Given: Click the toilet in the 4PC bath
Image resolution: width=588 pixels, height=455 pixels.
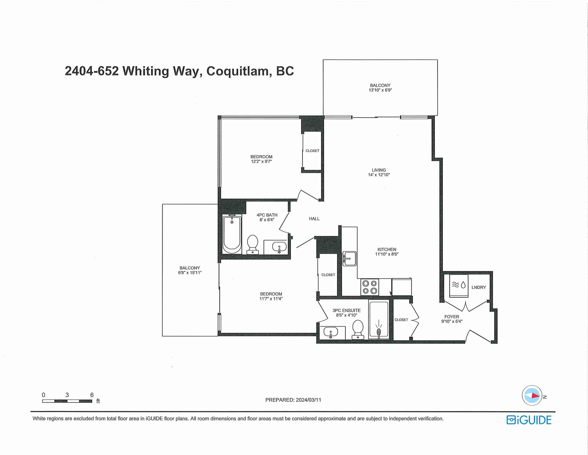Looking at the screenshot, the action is [253, 244].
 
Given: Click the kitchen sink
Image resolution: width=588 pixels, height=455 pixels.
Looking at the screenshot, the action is [349, 258].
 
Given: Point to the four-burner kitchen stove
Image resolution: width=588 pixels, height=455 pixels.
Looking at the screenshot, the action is [370, 287].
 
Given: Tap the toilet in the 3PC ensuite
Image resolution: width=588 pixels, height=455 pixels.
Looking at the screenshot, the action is [358, 330].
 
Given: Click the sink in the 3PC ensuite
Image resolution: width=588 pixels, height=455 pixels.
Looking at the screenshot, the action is [330, 332].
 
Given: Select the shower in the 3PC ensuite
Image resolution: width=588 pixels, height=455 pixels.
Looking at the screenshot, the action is [379, 320].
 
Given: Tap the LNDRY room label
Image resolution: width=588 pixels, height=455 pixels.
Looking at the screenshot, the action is [479, 287].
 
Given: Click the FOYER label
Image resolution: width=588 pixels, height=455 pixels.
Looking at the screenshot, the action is [452, 317].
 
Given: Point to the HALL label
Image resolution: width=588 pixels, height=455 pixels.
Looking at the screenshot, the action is [314, 219].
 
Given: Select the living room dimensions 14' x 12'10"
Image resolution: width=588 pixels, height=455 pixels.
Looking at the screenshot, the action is [379, 175].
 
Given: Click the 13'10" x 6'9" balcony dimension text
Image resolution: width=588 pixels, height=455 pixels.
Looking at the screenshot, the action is [380, 90].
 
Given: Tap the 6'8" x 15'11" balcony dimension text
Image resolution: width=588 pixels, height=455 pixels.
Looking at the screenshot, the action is [190, 273].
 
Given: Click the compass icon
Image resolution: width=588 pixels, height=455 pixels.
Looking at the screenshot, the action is [532, 396].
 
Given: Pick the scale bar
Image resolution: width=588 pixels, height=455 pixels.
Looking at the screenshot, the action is [67, 401].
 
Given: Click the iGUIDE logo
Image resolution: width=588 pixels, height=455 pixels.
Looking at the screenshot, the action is [529, 420].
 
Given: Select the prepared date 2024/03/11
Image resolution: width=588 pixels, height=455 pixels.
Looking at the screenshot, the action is [308, 400].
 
